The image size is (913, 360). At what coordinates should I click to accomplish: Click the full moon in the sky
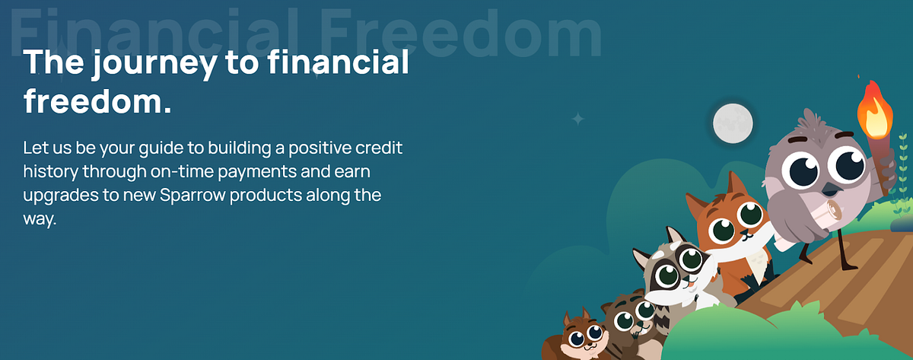732,122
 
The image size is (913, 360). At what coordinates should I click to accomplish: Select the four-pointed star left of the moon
577,119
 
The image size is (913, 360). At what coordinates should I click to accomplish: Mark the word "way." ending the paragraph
40,218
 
